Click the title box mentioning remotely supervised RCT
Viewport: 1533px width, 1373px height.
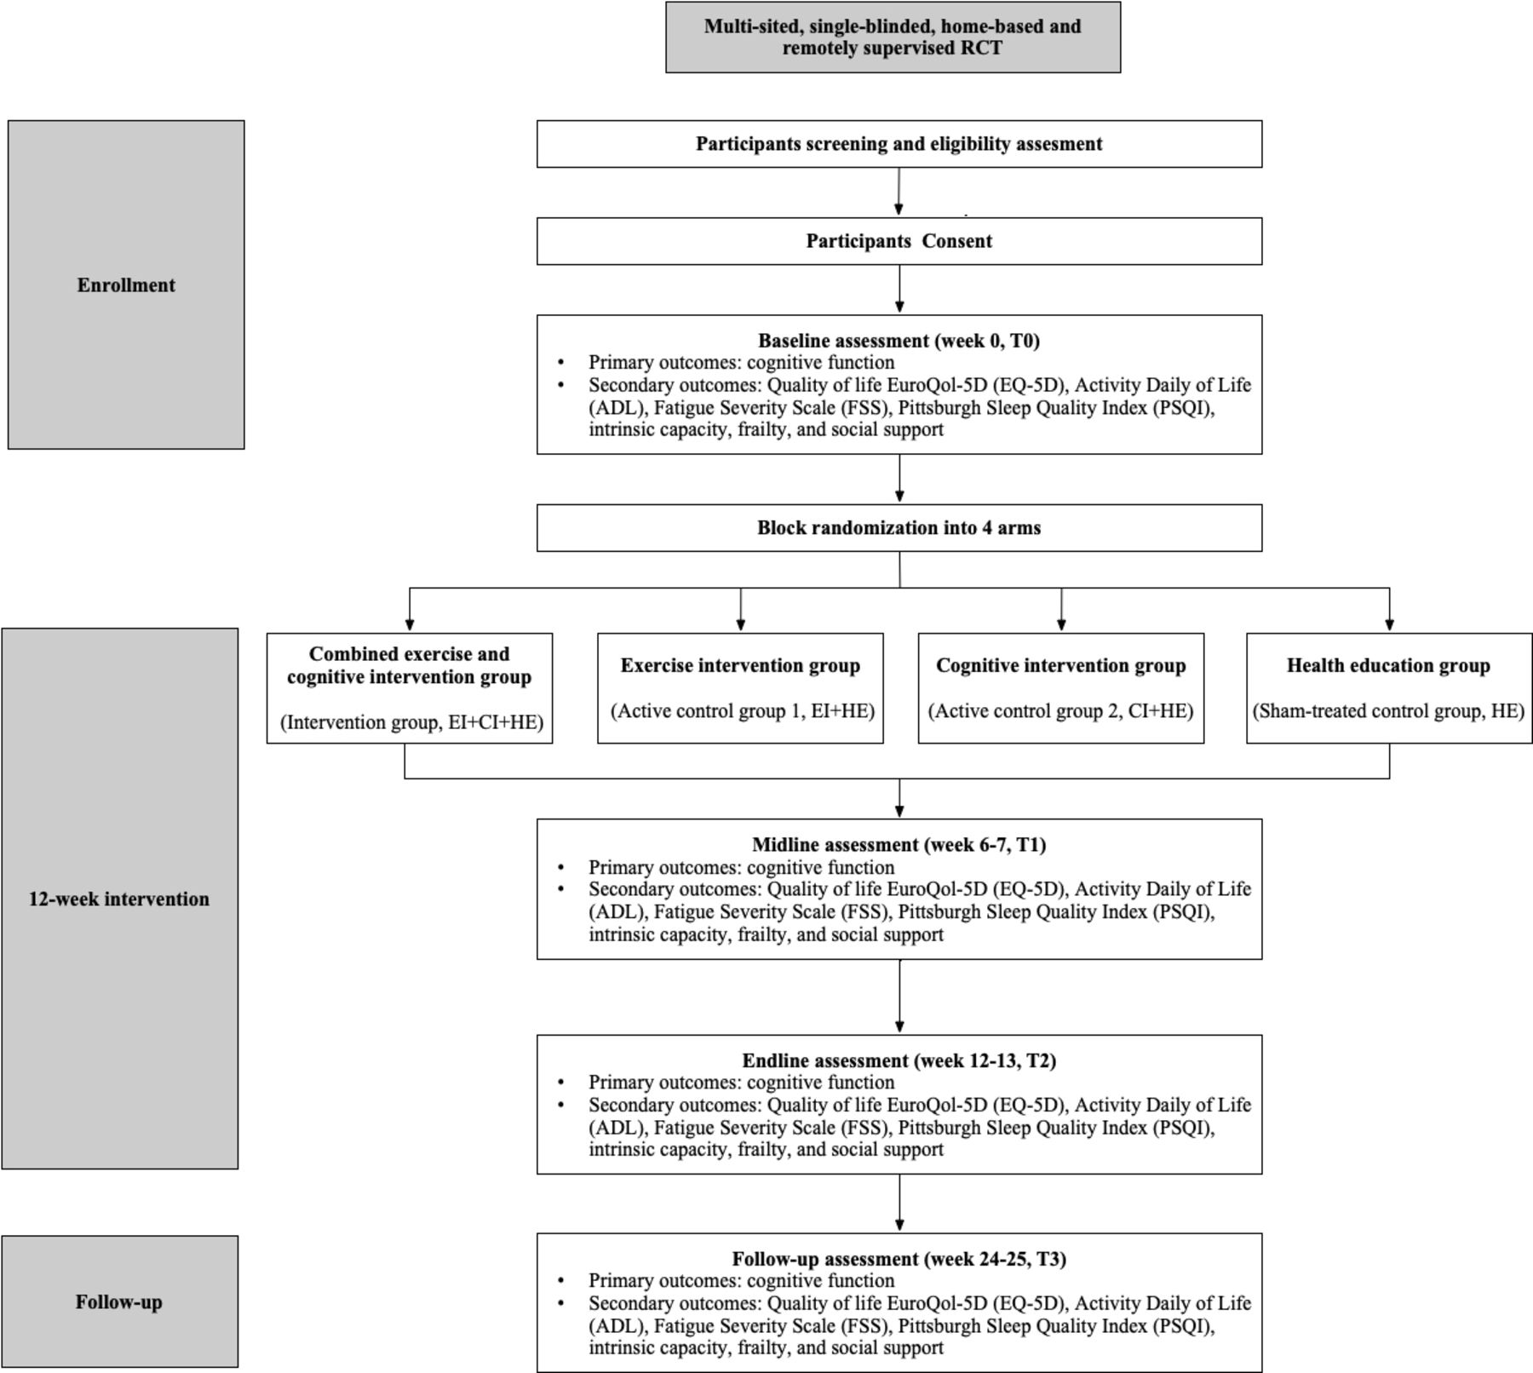pos(893,37)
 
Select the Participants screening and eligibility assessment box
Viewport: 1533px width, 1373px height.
pos(899,144)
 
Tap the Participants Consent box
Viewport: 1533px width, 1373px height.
pos(899,241)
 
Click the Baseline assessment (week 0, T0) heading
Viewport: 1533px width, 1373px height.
pos(899,341)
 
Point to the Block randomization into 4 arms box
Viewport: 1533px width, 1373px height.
pos(899,528)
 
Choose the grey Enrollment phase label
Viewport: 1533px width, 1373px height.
pos(126,284)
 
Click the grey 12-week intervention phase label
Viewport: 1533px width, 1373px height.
pos(119,899)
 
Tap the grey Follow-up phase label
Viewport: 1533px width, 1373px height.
pos(119,1301)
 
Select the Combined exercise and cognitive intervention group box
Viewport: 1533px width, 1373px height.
pos(410,688)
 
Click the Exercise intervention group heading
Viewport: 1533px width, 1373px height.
pos(740,666)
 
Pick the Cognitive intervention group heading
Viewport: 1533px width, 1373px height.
pos(1061,666)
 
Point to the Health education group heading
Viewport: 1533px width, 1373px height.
pos(1389,666)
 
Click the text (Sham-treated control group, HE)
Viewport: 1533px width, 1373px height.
pos(1389,711)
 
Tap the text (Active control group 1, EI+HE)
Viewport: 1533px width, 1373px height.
pos(743,711)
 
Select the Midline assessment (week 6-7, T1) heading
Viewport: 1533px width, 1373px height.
pos(899,845)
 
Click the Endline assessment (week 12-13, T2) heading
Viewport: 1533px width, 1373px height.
pos(899,1061)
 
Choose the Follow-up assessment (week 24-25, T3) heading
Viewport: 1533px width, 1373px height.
pos(899,1259)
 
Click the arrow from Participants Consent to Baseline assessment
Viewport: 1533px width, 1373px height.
pos(899,290)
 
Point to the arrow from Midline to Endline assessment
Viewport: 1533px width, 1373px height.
pos(899,997)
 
